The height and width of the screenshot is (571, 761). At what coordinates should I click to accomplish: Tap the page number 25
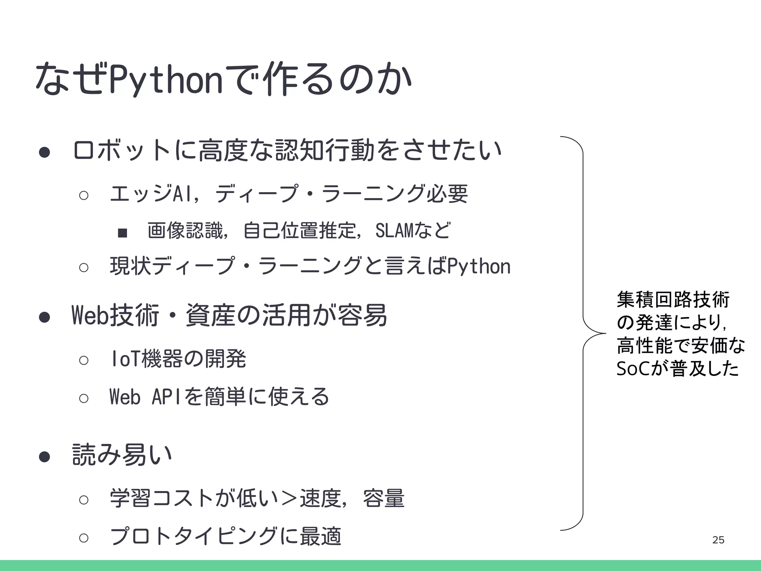[x=718, y=540]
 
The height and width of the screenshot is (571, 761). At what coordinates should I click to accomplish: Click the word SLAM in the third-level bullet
[x=394, y=231]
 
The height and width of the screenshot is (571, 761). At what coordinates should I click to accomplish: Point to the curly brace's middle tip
[x=605, y=333]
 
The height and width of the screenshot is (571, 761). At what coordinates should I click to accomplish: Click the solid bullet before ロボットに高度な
[x=45, y=152]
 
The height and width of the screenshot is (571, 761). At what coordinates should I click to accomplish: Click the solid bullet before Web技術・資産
[x=45, y=317]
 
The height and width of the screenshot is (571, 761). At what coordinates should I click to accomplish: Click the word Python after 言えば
[x=479, y=267]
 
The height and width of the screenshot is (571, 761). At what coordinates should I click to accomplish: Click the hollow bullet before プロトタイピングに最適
[x=84, y=538]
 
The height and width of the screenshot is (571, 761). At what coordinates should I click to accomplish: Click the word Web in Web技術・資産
[x=89, y=315]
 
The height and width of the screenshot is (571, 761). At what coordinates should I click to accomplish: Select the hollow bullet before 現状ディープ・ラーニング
[x=84, y=268]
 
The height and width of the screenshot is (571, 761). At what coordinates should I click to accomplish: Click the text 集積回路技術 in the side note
[x=673, y=300]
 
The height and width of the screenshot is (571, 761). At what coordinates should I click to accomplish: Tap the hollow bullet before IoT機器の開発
[x=84, y=360]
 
